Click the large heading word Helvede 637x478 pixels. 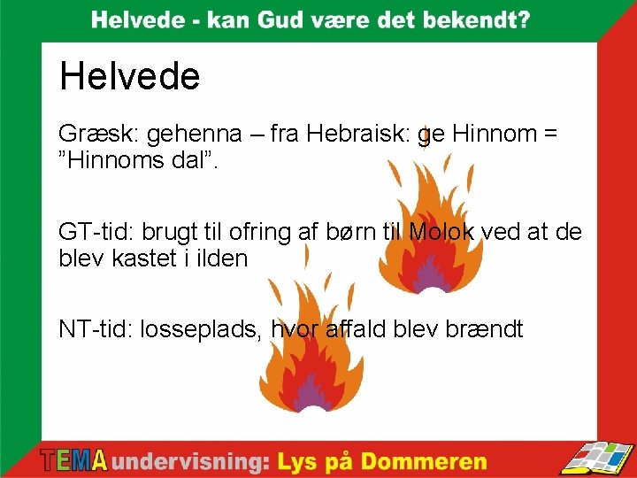click(130, 77)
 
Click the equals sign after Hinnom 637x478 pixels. click(550, 135)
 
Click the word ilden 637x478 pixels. click(220, 259)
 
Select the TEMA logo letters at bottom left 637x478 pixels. click(74, 461)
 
